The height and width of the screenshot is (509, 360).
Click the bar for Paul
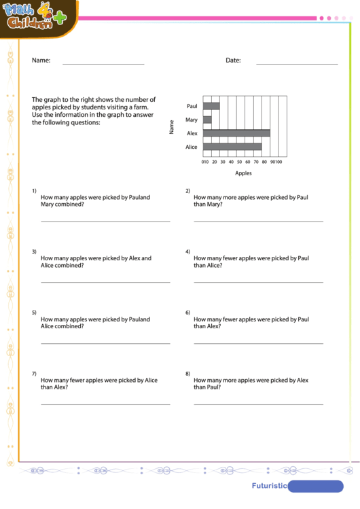211,106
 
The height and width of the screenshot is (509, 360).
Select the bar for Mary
207,120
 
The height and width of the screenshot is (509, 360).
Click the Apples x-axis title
243,173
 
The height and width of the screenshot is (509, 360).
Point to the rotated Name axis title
172,126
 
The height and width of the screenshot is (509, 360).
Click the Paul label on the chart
192,106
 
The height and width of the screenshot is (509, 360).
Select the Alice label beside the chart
192,147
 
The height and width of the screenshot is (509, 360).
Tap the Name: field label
41,60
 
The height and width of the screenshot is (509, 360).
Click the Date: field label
233,60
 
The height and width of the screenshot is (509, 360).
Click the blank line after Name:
103,64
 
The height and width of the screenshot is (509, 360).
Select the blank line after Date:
297,64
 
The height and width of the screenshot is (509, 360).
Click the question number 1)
34,190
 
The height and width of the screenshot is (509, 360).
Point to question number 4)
188,251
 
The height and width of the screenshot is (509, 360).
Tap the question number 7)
34,374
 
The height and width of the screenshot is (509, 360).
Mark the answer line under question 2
258,221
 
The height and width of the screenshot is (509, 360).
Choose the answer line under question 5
105,343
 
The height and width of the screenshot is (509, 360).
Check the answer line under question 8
258,404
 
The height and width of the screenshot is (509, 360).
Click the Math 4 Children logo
35,16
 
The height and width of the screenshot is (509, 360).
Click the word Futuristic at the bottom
268,486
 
